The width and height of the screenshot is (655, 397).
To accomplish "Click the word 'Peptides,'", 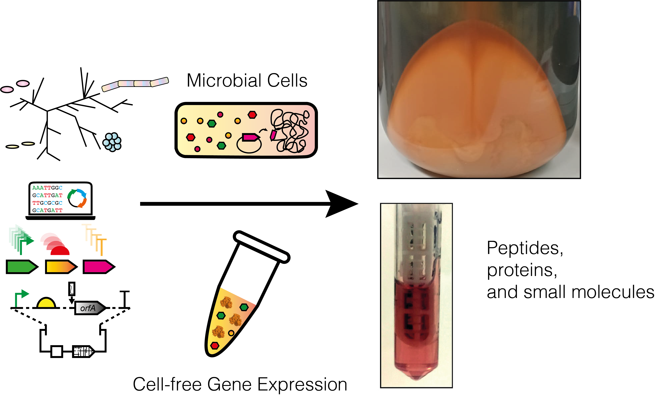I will coord(524,248).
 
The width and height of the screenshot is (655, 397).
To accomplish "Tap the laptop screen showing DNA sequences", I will coord(60,199).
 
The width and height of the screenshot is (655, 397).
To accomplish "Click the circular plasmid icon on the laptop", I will coord(77,198).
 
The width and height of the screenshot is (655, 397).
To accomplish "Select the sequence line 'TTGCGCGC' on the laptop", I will coord(47,203).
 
